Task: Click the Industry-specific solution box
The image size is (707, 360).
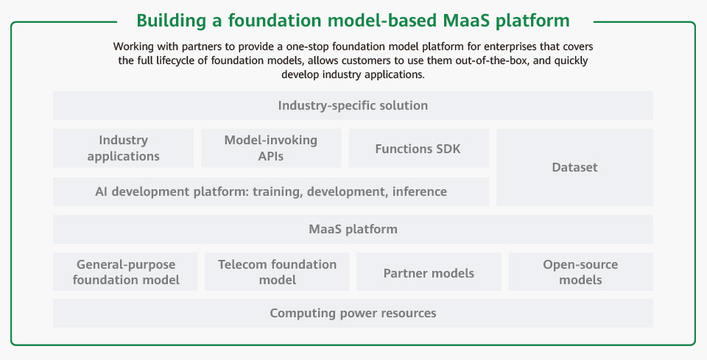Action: (x=353, y=105)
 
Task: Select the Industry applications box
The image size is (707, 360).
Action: (x=123, y=148)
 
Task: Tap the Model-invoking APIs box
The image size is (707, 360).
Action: (x=271, y=148)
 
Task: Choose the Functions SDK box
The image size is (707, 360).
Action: (x=418, y=148)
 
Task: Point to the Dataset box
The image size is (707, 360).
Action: (x=574, y=167)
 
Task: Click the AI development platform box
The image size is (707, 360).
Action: (x=271, y=191)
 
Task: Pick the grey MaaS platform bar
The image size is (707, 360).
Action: (x=353, y=230)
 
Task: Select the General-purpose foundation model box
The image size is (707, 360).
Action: (x=125, y=272)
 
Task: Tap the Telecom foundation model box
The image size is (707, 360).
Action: (x=277, y=272)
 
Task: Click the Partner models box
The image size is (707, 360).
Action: (x=429, y=272)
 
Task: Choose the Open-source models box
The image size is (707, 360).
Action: (x=581, y=272)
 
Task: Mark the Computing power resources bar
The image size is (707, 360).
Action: (x=353, y=313)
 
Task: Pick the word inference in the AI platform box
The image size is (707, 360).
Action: (x=419, y=191)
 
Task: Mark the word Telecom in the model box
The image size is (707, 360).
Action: (x=238, y=264)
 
